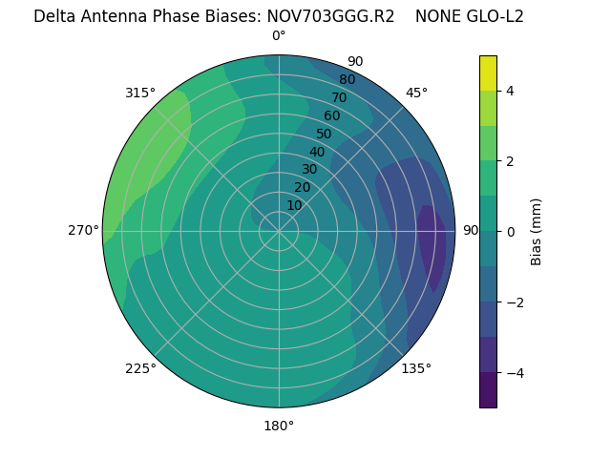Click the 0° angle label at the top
(279, 36)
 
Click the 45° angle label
(417, 93)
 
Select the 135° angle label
(416, 368)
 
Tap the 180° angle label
(279, 426)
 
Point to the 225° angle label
(140, 369)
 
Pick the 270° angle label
(84, 230)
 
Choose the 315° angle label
(140, 93)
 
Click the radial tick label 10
(294, 205)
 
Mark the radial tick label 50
(325, 134)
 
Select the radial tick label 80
(347, 79)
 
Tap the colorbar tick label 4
(511, 91)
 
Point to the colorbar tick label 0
(511, 232)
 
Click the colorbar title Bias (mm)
(537, 231)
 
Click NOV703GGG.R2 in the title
(330, 16)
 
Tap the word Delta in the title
(55, 16)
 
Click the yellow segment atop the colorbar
(489, 73)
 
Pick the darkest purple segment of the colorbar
(489, 390)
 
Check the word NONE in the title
(436, 16)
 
